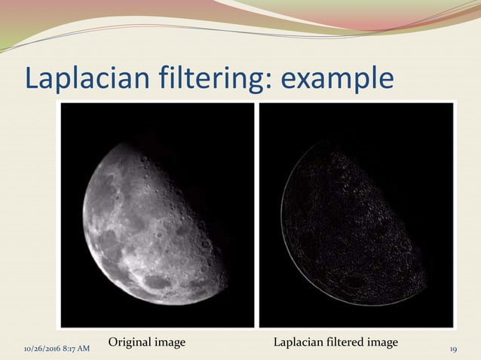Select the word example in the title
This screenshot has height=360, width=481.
pos(339,78)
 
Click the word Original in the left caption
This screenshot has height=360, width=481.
pos(130,343)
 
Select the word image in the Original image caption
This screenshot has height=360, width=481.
pos(170,343)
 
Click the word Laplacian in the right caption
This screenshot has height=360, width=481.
pos(297,343)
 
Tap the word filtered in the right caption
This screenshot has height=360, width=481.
pos(344,343)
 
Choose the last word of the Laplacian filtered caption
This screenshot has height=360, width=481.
pos(382,343)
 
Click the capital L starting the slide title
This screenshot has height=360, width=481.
pos(32,78)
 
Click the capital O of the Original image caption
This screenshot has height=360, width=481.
pos(113,343)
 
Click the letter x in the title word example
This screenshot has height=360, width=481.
pos(308,80)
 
